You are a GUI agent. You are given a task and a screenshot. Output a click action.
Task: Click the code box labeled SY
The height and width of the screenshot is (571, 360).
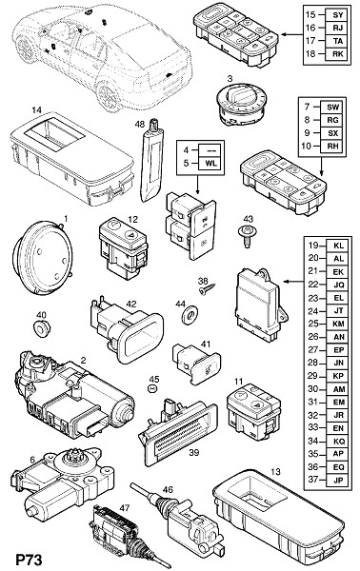click(338, 15)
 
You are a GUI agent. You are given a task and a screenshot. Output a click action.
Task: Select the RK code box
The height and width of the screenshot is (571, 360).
click(338, 54)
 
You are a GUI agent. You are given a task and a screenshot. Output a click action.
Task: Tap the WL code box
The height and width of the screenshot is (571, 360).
click(211, 163)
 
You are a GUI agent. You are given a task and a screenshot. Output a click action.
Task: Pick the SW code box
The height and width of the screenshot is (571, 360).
click(332, 107)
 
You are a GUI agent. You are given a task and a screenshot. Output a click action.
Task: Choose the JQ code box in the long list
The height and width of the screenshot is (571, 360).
click(338, 285)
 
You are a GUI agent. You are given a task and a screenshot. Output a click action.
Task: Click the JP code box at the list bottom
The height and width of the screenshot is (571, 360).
click(338, 480)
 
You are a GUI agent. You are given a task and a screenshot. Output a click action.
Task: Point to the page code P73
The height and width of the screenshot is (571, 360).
click(29, 560)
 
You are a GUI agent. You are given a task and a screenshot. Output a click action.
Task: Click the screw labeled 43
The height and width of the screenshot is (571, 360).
click(246, 236)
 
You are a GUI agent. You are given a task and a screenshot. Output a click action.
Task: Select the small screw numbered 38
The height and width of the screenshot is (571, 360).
click(207, 289)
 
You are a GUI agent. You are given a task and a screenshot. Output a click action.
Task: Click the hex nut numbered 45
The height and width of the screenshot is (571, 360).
click(152, 388)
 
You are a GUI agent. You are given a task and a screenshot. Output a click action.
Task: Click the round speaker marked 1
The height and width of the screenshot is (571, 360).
click(43, 257)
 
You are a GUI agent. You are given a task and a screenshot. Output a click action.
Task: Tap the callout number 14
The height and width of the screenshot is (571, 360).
click(37, 109)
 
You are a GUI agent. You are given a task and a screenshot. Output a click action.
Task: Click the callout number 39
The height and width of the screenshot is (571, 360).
click(194, 452)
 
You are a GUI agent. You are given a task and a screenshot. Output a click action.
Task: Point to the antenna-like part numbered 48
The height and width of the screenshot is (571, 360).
click(151, 163)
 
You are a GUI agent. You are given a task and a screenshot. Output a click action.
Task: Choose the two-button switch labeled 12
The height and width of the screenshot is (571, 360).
click(124, 249)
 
